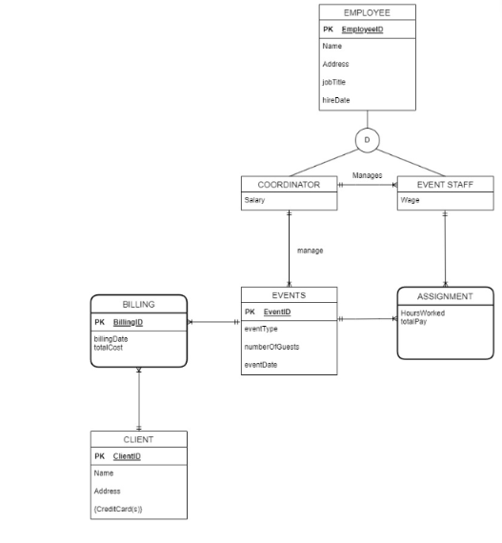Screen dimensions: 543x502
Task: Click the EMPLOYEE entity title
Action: (x=367, y=12)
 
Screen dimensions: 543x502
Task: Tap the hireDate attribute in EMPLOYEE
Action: (x=336, y=100)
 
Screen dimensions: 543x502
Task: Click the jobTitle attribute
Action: (x=335, y=82)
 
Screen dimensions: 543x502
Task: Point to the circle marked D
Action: (x=367, y=141)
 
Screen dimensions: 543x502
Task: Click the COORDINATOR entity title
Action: (x=289, y=184)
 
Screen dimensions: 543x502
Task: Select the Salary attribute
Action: (x=254, y=200)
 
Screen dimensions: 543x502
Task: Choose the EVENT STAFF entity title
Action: (x=445, y=184)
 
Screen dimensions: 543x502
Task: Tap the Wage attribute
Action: (x=410, y=200)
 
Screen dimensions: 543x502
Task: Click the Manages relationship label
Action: (x=367, y=175)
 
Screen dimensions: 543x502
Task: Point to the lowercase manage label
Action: (x=310, y=251)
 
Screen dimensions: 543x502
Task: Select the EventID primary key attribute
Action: (x=277, y=312)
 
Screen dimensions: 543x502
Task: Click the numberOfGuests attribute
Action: (x=271, y=347)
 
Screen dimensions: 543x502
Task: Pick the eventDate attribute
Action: (x=261, y=365)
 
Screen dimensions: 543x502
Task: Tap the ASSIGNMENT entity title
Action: (x=445, y=296)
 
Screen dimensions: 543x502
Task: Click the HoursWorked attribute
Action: (x=422, y=312)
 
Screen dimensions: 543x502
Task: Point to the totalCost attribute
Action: (x=109, y=348)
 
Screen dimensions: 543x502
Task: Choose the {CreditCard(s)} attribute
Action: (x=118, y=510)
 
